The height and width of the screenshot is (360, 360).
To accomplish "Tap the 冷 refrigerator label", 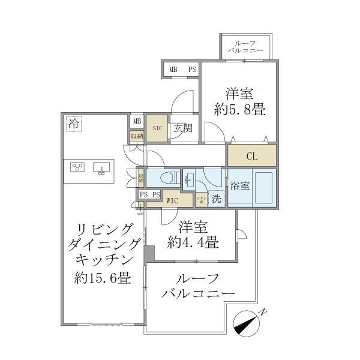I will (x=73, y=125).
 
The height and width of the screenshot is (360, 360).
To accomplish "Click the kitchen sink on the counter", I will (x=100, y=167).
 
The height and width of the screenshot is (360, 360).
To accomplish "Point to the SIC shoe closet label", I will (x=157, y=128).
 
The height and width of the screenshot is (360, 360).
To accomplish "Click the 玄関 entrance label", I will (x=182, y=127).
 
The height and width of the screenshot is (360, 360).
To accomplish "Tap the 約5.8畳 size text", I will (x=240, y=110).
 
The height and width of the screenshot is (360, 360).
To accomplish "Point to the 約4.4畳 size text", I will (x=193, y=244).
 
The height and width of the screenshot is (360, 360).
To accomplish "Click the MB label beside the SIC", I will (x=137, y=121).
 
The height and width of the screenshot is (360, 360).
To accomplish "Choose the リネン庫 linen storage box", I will (x=202, y=198).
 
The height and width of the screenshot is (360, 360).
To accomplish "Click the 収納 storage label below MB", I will (x=137, y=136).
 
